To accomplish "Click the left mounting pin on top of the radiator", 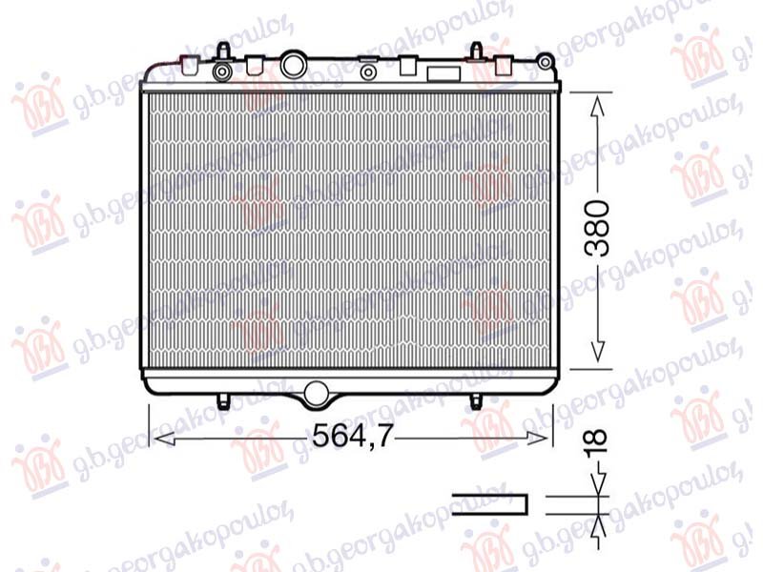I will [x=222, y=50].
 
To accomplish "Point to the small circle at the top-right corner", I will [x=545, y=63].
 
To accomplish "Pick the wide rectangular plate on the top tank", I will [x=442, y=74].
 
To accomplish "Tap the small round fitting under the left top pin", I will [x=223, y=71].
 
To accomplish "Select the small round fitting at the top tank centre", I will [x=367, y=71].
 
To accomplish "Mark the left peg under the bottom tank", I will [x=223, y=398].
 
